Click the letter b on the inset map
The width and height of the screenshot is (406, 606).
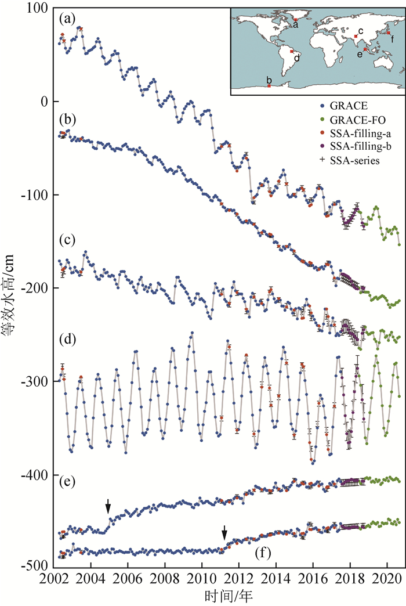pyautogui.click(x=269, y=79)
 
